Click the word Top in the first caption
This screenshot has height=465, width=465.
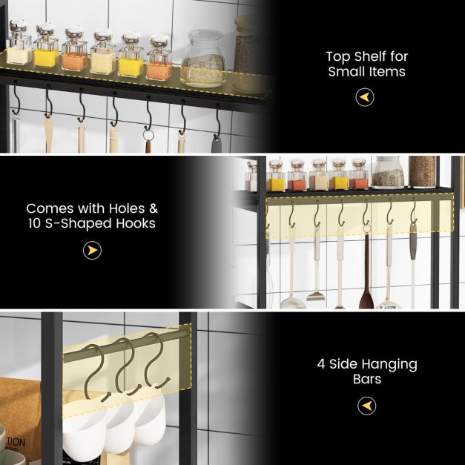tap(337, 56)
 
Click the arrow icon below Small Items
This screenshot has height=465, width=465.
tap(365, 97)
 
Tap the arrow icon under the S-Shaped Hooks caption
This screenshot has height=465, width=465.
tap(92, 251)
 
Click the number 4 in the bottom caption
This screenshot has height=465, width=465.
tap(320, 364)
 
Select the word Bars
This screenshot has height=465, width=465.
tap(366, 379)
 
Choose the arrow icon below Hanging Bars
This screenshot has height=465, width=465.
tap(366, 406)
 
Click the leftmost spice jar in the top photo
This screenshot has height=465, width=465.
tap(19, 43)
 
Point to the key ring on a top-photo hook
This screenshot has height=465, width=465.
tap(148, 135)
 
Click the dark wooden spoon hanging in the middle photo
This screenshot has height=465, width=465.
tap(366, 286)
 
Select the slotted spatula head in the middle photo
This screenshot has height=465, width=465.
tap(316, 297)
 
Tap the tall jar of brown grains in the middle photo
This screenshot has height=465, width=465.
tap(421, 171)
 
